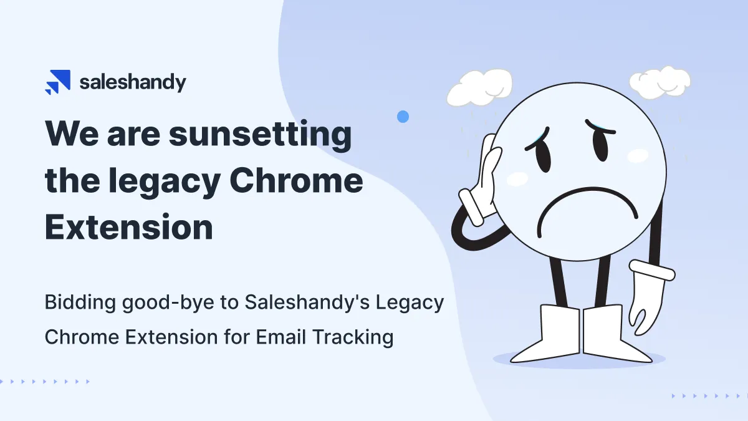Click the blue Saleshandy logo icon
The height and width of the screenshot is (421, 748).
tap(57, 82)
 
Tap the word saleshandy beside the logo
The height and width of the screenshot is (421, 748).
tap(132, 82)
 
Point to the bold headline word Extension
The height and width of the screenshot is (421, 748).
tap(129, 227)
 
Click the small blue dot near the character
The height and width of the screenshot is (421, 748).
tap(403, 116)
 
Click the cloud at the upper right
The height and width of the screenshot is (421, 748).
tap(659, 82)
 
